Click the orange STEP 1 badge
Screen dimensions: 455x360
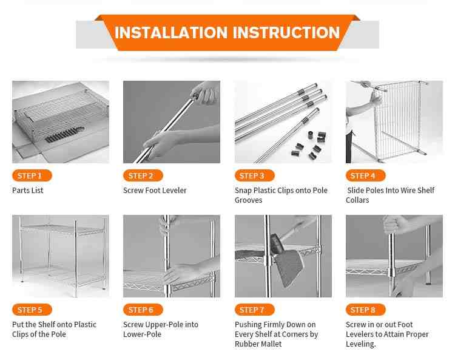coord(32,175)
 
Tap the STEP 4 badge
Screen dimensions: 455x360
coord(366,175)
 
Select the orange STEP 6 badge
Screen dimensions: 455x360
coord(143,310)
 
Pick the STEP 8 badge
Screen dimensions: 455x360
coord(366,310)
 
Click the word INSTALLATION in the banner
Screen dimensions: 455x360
coord(171,32)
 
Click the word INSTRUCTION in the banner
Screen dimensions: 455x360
coord(286,32)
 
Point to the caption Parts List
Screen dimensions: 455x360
coord(27,191)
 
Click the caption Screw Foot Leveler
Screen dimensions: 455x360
coord(155,191)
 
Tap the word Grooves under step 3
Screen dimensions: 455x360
coord(248,200)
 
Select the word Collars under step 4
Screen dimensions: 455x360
coord(357,200)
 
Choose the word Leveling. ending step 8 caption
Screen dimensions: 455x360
coord(361,344)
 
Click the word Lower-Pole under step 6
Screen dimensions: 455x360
coord(142,335)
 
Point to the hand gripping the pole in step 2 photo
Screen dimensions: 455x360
coord(158,144)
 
